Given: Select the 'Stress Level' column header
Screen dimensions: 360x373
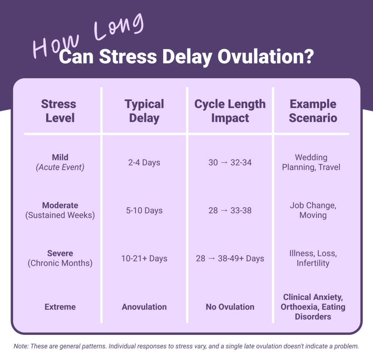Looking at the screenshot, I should (59, 111).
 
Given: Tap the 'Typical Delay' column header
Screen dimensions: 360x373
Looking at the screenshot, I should (144, 111).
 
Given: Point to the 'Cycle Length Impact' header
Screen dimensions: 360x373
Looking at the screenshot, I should (230, 111).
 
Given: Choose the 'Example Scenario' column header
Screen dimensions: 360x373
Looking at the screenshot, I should (313, 111).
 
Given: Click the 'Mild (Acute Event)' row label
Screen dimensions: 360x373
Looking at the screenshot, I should (60, 162).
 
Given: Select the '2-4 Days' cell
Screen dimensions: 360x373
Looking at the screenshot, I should (144, 162).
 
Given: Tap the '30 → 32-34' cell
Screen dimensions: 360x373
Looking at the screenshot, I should (230, 162).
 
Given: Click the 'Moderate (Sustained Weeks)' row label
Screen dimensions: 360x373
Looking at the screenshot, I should (60, 210).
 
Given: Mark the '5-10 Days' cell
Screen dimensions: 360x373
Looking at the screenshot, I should (144, 210).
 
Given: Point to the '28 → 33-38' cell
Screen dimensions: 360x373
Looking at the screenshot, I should (230, 210).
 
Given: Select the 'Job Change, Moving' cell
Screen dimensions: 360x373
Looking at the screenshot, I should (313, 210).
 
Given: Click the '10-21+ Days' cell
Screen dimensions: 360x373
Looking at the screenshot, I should (144, 258).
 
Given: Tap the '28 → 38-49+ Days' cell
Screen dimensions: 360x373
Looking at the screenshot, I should (230, 258).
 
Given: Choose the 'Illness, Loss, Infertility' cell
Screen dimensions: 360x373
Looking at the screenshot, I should (313, 258).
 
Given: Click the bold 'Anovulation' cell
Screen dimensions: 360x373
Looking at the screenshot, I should (144, 306).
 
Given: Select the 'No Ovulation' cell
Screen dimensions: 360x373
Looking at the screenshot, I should (230, 306).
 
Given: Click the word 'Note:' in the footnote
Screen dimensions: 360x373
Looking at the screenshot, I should (21, 346).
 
